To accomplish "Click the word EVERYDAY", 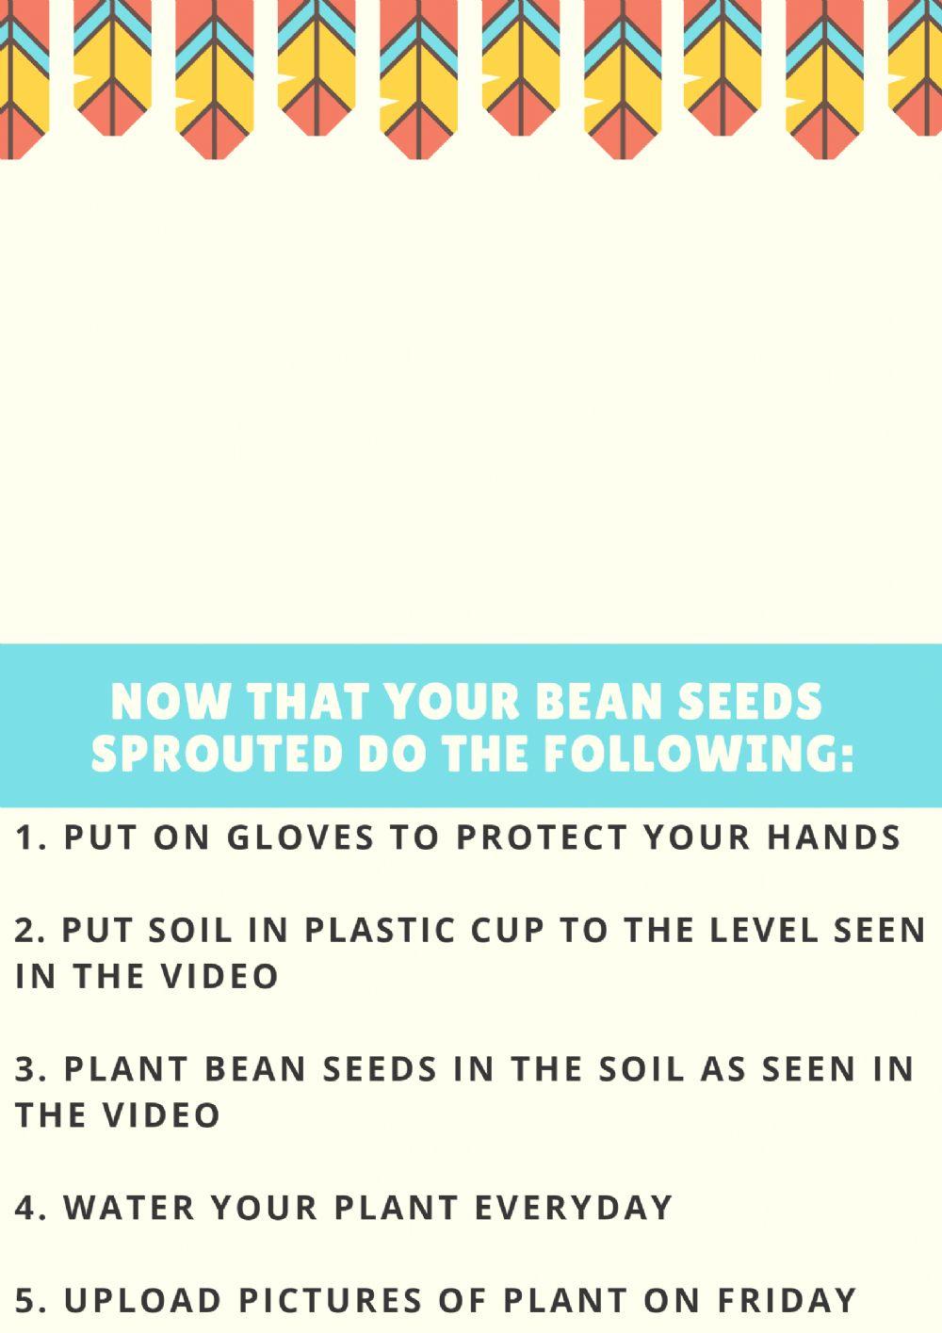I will click(572, 1207).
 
